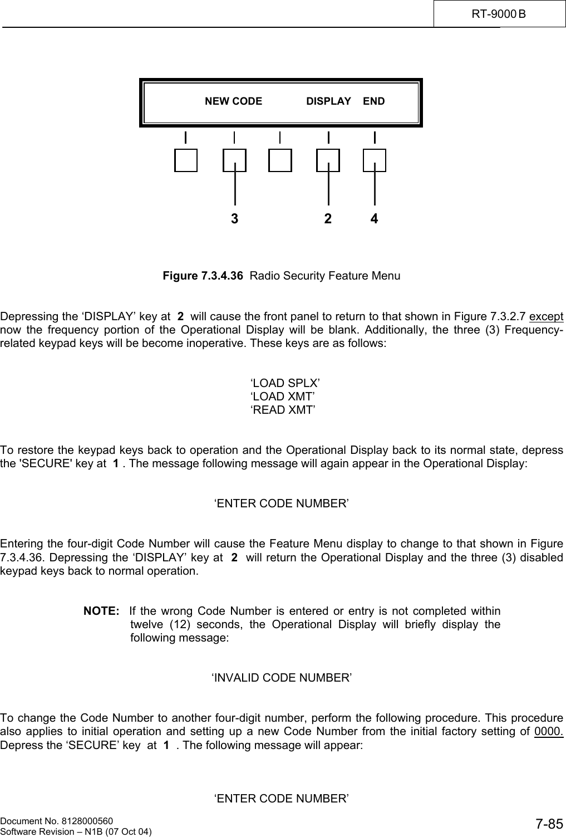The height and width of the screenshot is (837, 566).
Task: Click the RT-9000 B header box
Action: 499,13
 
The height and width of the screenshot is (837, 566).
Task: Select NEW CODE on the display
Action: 233,101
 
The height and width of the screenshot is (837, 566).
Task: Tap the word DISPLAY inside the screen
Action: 328,101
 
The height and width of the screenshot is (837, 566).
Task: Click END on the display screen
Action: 373,101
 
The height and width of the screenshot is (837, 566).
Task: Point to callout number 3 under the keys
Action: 235,219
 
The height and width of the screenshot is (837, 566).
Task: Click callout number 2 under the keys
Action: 328,219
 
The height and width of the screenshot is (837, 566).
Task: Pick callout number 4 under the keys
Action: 375,219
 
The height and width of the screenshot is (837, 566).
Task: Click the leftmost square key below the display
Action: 186,160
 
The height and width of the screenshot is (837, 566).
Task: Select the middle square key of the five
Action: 280,160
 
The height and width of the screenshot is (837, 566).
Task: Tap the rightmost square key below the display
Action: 375,160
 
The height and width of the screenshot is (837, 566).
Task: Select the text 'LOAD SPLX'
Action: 285,383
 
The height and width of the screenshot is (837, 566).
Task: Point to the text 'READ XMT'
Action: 283,410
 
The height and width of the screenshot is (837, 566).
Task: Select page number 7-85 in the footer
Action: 549,824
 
